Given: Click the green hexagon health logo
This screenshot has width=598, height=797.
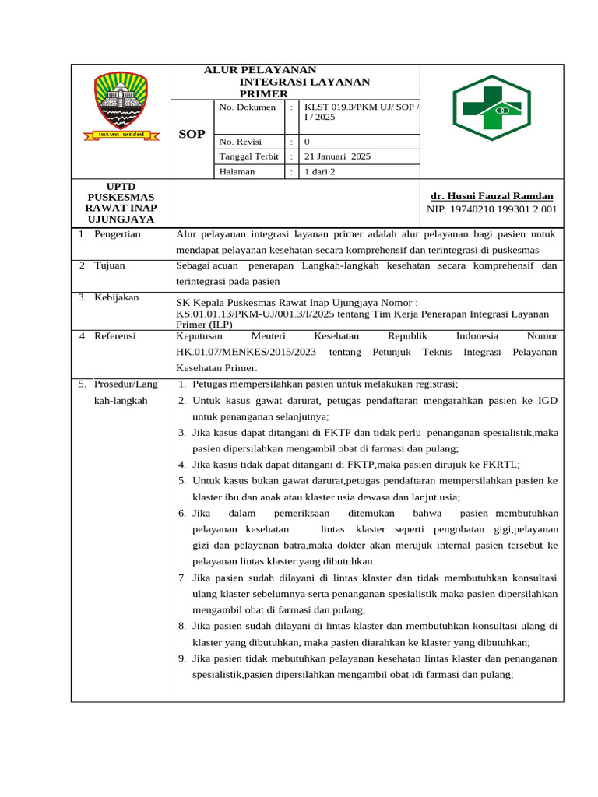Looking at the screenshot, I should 492,107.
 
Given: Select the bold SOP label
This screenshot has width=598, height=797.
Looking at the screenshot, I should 192,134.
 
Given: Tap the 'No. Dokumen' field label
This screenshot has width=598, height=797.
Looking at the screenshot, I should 248,107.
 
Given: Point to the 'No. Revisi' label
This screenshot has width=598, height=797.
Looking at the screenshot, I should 241,142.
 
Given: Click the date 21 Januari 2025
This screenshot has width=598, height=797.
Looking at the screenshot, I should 337,156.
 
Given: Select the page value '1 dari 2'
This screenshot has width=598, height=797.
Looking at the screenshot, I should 320,171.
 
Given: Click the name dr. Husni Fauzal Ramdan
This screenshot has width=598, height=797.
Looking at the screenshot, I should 492,195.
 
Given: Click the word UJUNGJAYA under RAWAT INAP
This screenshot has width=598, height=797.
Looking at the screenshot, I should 120,219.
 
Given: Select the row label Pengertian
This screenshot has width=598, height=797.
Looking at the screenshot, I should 117,233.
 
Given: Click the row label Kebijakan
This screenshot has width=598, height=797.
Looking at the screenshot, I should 116,297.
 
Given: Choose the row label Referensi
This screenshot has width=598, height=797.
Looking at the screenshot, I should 115,336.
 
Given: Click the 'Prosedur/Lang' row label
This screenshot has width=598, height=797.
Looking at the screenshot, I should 125,384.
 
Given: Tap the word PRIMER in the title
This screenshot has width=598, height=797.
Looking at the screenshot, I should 263,93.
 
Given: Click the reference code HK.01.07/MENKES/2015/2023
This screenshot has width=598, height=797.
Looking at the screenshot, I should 246,352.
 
